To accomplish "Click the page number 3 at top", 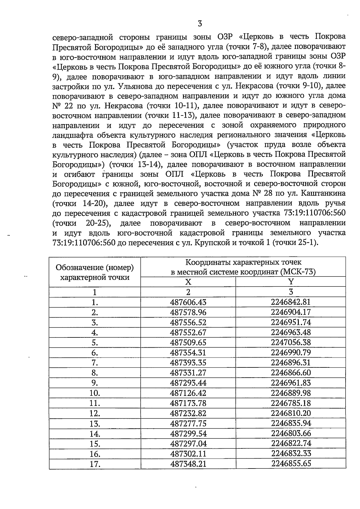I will (200, 23).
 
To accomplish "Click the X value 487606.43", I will (188, 302).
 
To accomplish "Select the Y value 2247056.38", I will (291, 343).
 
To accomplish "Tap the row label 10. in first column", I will (95, 393).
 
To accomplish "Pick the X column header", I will (188, 282).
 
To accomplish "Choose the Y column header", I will (291, 282).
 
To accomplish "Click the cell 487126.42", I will (188, 393).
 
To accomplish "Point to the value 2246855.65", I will (291, 463).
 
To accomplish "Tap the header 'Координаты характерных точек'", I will (243, 263).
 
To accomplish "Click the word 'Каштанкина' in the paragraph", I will (323, 193).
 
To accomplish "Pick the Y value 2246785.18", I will (291, 403).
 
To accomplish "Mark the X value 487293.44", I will (188, 383).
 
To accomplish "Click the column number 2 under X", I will (188, 292).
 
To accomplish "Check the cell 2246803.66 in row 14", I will (291, 433).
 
